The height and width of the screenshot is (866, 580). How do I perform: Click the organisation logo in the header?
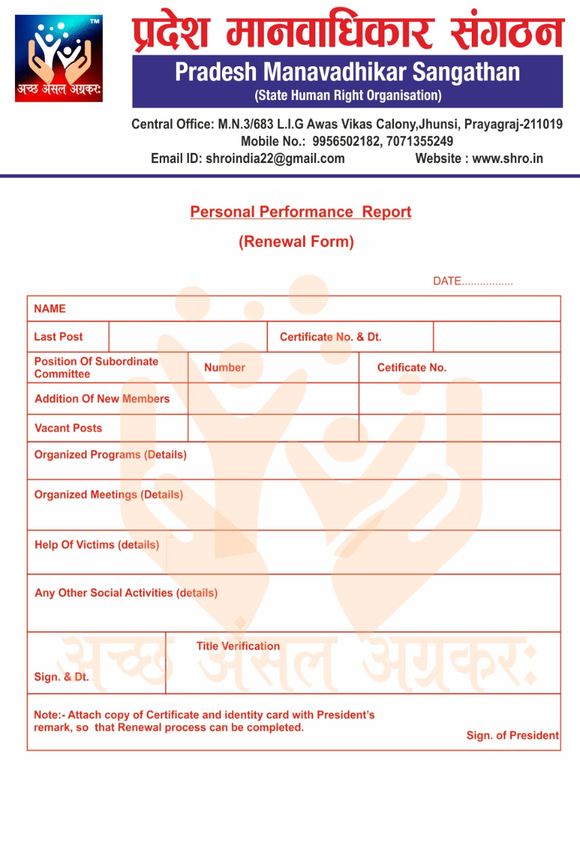coord(59,58)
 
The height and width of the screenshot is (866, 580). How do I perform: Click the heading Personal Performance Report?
coord(300,212)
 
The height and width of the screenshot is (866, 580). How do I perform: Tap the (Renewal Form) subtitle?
coord(296,242)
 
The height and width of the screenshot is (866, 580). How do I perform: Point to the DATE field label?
coord(447,281)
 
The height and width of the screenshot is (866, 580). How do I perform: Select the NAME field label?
coord(50,309)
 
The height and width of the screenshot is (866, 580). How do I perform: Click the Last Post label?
coord(58,337)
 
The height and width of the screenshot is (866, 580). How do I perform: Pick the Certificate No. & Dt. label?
coord(331,337)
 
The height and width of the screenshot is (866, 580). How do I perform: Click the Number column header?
coord(225,367)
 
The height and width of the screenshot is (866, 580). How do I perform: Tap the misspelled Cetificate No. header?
coord(411,367)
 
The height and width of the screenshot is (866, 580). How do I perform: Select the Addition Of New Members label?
coord(102,398)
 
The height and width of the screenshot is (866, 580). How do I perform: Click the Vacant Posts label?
coord(68,428)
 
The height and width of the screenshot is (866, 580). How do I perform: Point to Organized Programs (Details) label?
coord(110,455)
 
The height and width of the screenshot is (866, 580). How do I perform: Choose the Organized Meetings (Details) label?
coord(108,495)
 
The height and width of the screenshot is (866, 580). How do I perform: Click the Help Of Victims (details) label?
coord(97,545)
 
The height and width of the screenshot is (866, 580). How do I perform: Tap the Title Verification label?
coord(238,646)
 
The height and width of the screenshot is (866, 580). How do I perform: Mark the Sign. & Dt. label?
coord(61,677)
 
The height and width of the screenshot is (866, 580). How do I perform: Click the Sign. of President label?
coord(512,735)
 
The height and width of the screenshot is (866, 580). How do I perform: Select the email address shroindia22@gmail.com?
coord(275,159)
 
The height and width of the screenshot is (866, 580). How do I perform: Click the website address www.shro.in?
coord(508,159)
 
